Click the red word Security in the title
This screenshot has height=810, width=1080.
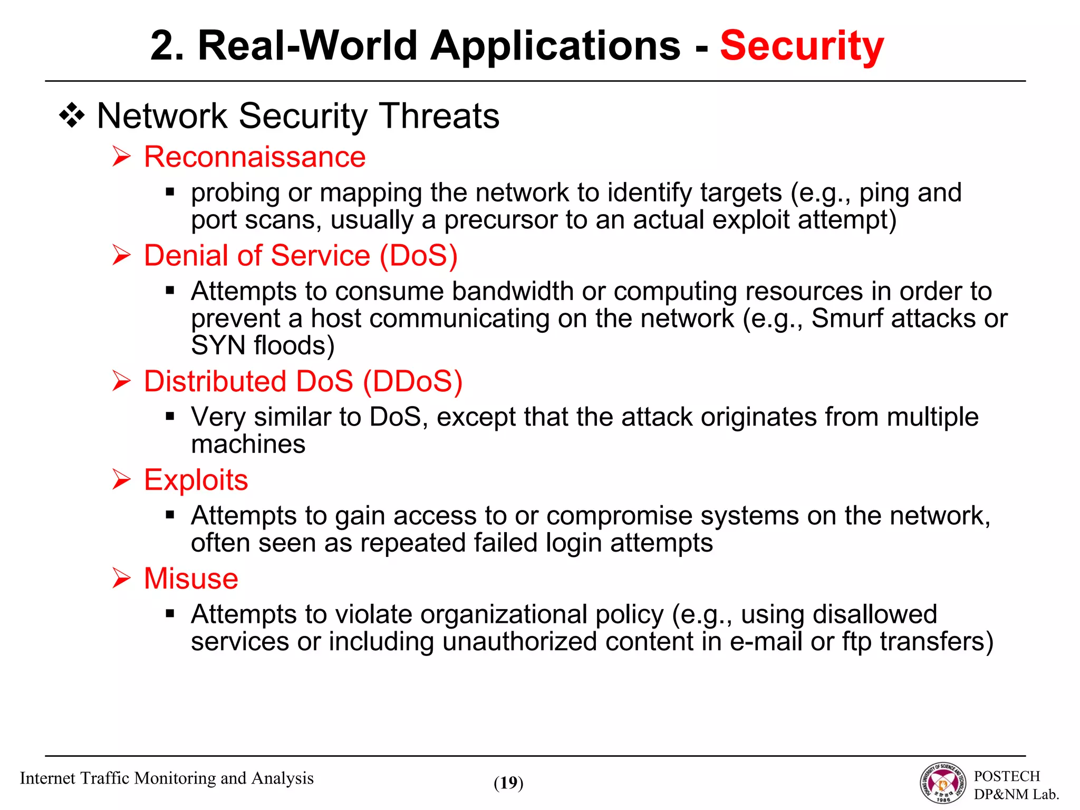[x=802, y=46]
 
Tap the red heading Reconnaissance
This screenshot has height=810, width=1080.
[x=255, y=157]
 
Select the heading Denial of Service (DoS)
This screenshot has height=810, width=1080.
[x=301, y=256]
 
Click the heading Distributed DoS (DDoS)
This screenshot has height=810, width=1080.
[x=303, y=381]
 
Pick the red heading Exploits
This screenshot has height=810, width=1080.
[x=196, y=480]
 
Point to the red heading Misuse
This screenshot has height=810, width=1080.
[x=191, y=579]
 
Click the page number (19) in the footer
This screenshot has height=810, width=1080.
[x=508, y=783]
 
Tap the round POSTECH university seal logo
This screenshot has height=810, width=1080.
[x=943, y=783]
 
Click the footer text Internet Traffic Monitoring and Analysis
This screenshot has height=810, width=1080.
[x=167, y=778]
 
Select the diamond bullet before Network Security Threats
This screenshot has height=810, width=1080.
[x=72, y=117]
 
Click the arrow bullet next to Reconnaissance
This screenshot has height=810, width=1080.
[x=121, y=157]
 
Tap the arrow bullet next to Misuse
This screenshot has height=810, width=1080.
[x=121, y=579]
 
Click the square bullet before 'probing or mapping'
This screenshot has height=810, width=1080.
[x=170, y=192]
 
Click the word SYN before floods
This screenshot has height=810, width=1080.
[x=218, y=346]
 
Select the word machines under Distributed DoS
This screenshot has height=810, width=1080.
[x=248, y=445]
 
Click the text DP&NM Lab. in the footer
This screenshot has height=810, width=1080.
[x=1016, y=794]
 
